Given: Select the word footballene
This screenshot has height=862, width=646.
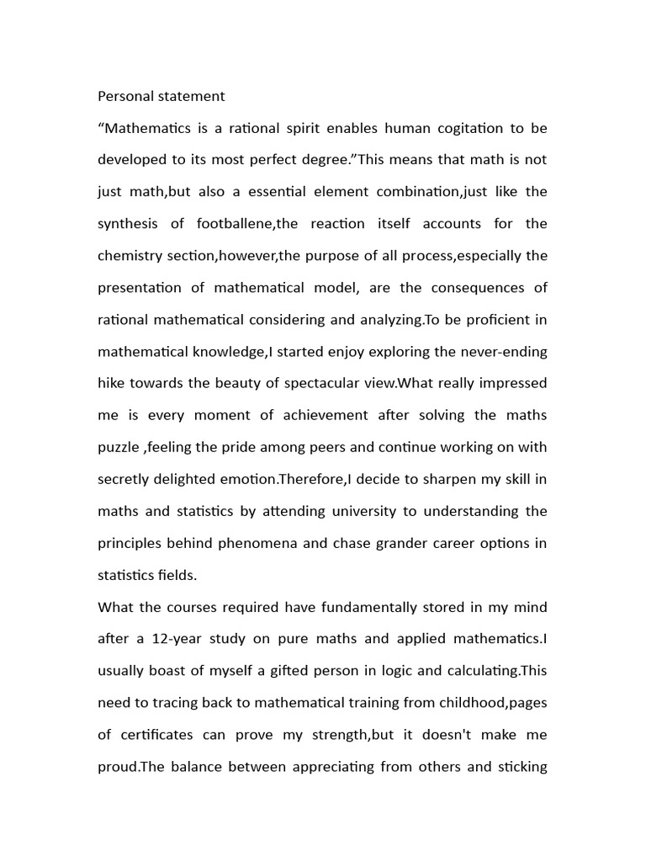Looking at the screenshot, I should [x=227, y=224].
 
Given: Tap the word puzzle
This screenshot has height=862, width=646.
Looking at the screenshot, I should [x=117, y=448].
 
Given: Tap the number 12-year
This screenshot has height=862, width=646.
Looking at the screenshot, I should [x=181, y=639].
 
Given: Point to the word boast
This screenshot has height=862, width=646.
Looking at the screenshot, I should [x=174, y=671].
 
